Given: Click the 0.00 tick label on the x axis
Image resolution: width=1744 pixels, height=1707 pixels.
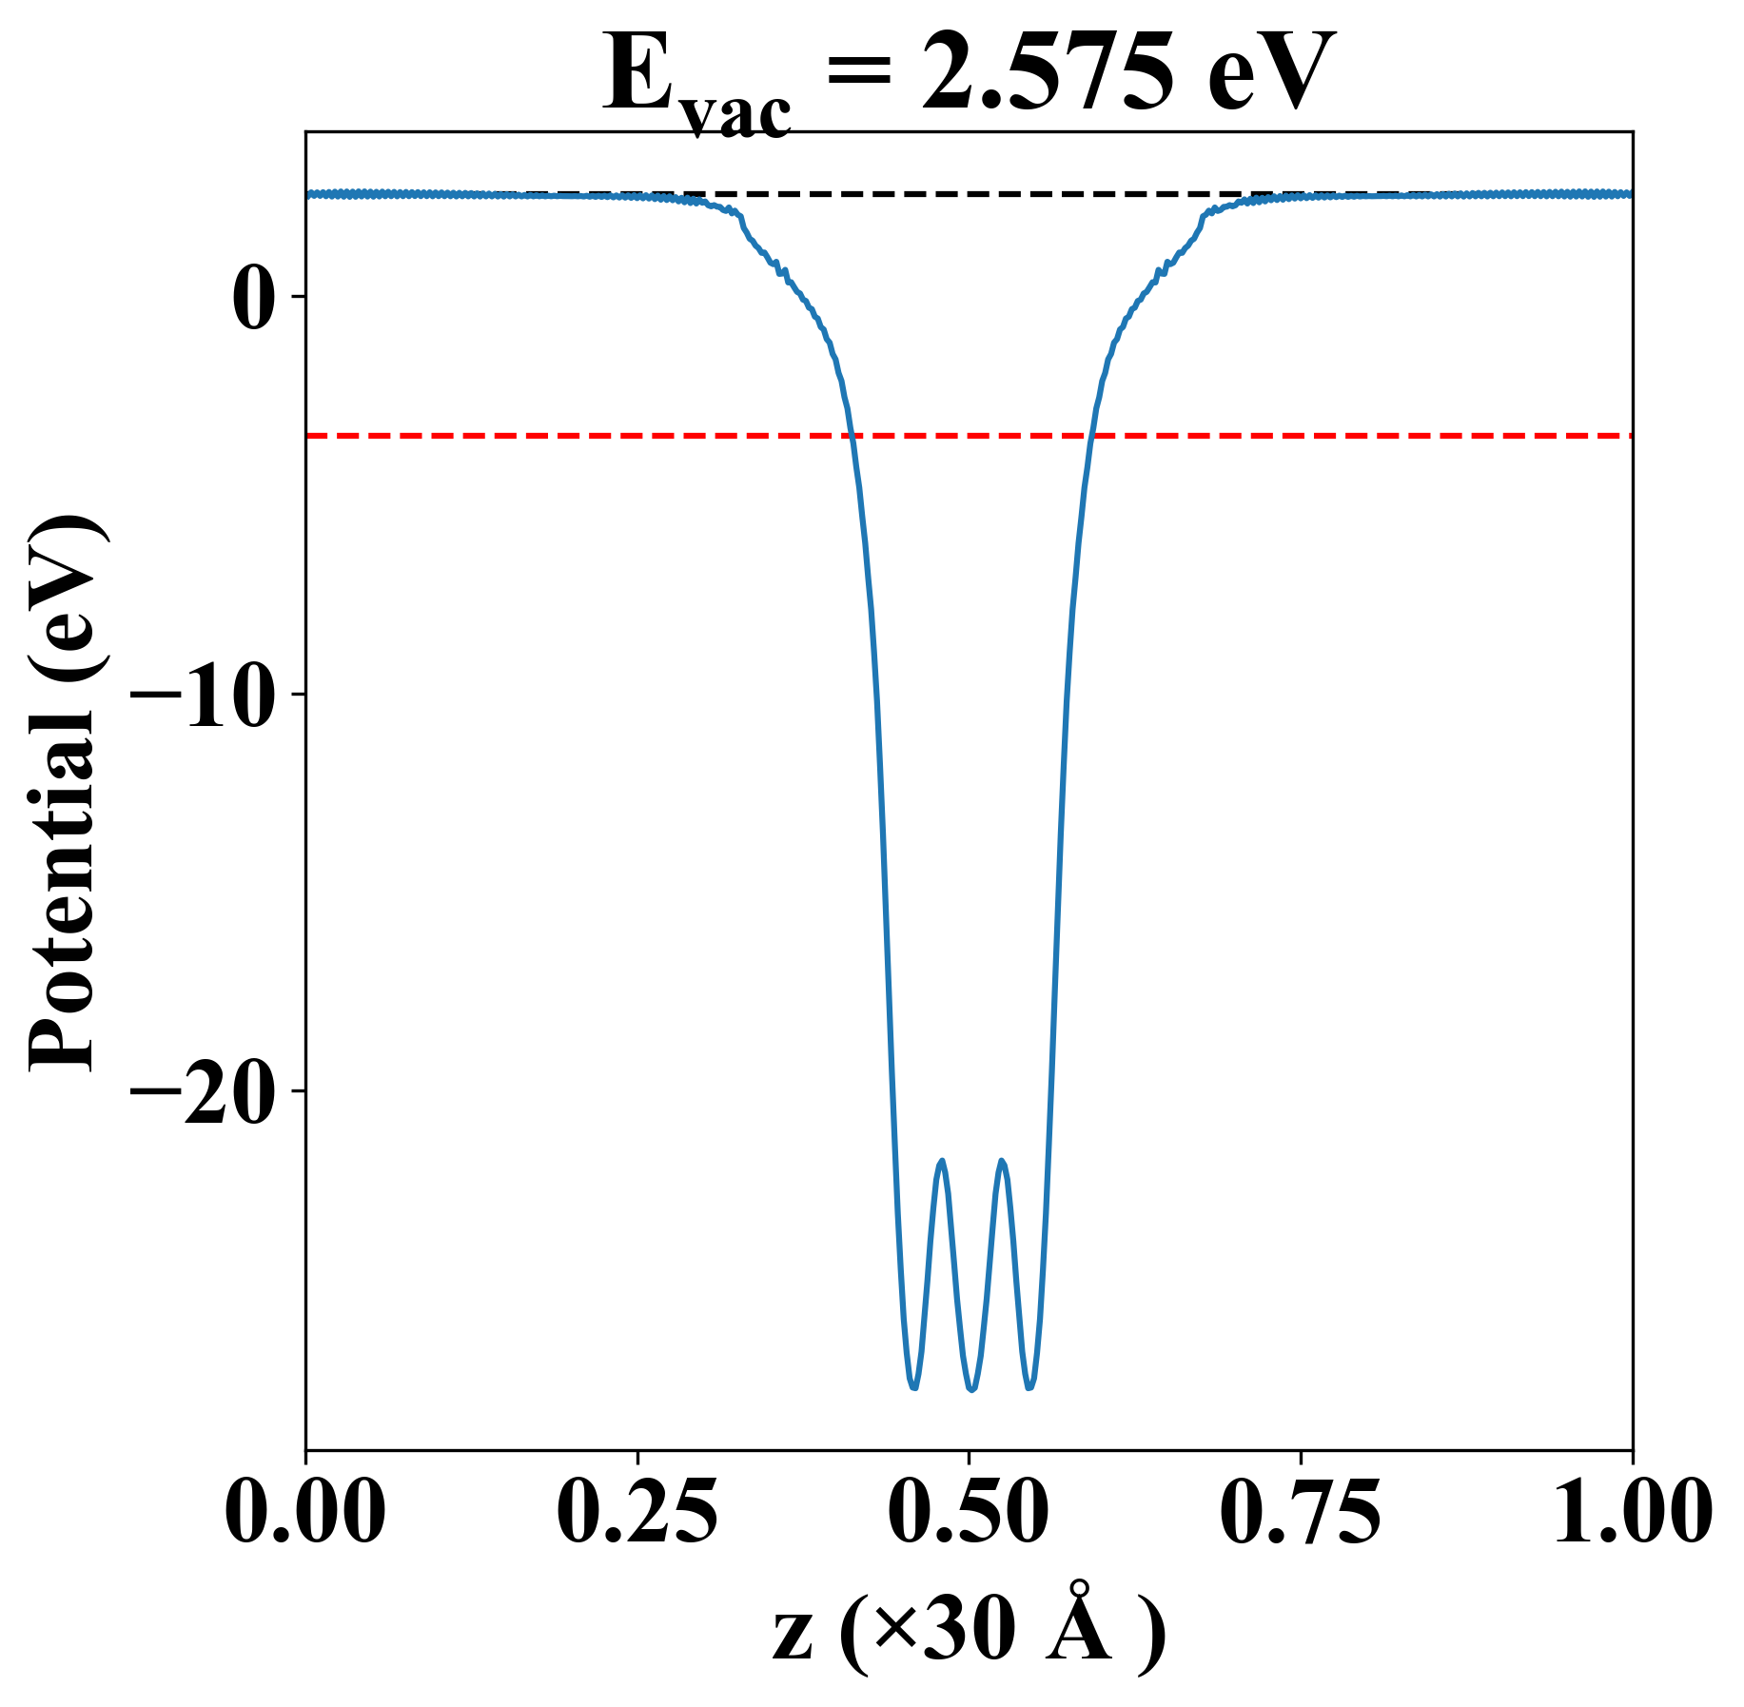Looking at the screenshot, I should pyautogui.click(x=305, y=1512).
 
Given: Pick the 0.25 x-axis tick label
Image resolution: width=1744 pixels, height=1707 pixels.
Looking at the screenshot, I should pyautogui.click(x=637, y=1512).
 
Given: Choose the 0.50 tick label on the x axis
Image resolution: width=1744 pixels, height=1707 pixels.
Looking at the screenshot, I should pyautogui.click(x=969, y=1512).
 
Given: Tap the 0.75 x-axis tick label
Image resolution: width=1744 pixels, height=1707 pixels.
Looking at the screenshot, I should pyautogui.click(x=1300, y=1512).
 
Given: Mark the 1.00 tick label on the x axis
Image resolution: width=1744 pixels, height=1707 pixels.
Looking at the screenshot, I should pyautogui.click(x=1631, y=1512).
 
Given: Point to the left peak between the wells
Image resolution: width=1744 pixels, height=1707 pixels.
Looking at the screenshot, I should pyautogui.click(x=942, y=1162).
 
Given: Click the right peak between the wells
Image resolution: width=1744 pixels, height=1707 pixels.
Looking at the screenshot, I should pyautogui.click(x=1002, y=1162).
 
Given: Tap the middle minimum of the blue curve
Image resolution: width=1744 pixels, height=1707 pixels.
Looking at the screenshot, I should pyautogui.click(x=971, y=1390).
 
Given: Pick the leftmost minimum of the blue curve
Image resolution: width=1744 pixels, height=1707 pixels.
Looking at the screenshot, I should pyautogui.click(x=913, y=1387).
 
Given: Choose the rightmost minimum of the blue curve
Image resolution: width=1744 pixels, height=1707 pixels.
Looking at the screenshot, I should pyautogui.click(x=1029, y=1387).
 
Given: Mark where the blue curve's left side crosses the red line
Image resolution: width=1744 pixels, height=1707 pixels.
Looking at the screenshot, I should pyautogui.click(x=852, y=436).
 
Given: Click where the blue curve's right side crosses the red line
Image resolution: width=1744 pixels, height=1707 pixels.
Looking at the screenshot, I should pyautogui.click(x=1092, y=436).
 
